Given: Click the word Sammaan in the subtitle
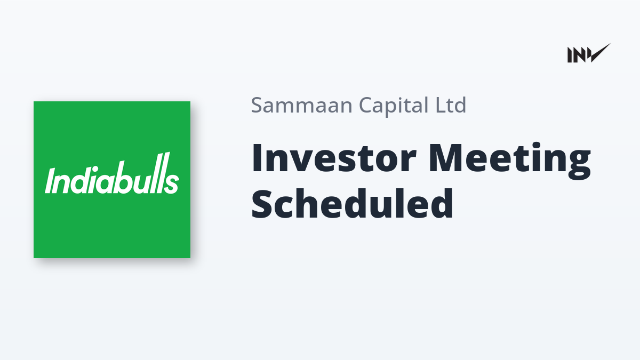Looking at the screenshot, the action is pyautogui.click(x=302, y=105).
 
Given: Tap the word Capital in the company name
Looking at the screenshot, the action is pyautogui.click(x=394, y=106).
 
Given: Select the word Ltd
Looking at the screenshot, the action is pyautogui.click(x=451, y=105).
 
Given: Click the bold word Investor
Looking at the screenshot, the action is pyautogui.click(x=334, y=158).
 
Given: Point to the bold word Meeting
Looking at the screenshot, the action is pyautogui.click(x=510, y=162).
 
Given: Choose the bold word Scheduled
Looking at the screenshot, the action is pyautogui.click(x=352, y=203).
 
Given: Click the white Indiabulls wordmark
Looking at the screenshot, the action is pyautogui.click(x=112, y=173).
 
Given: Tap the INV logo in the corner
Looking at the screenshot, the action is pyautogui.click(x=589, y=53).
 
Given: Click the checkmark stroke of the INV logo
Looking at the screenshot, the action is pyautogui.click(x=599, y=53).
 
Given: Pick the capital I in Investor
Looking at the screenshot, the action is pyautogui.click(x=257, y=158).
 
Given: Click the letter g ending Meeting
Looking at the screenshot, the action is pyautogui.click(x=579, y=166).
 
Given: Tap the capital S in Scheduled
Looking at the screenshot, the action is pyautogui.click(x=261, y=203).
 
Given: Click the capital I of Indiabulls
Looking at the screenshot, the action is pyautogui.click(x=50, y=181).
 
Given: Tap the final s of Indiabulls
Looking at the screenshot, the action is pyautogui.click(x=173, y=183).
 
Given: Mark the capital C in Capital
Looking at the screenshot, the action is pyautogui.click(x=366, y=105).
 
